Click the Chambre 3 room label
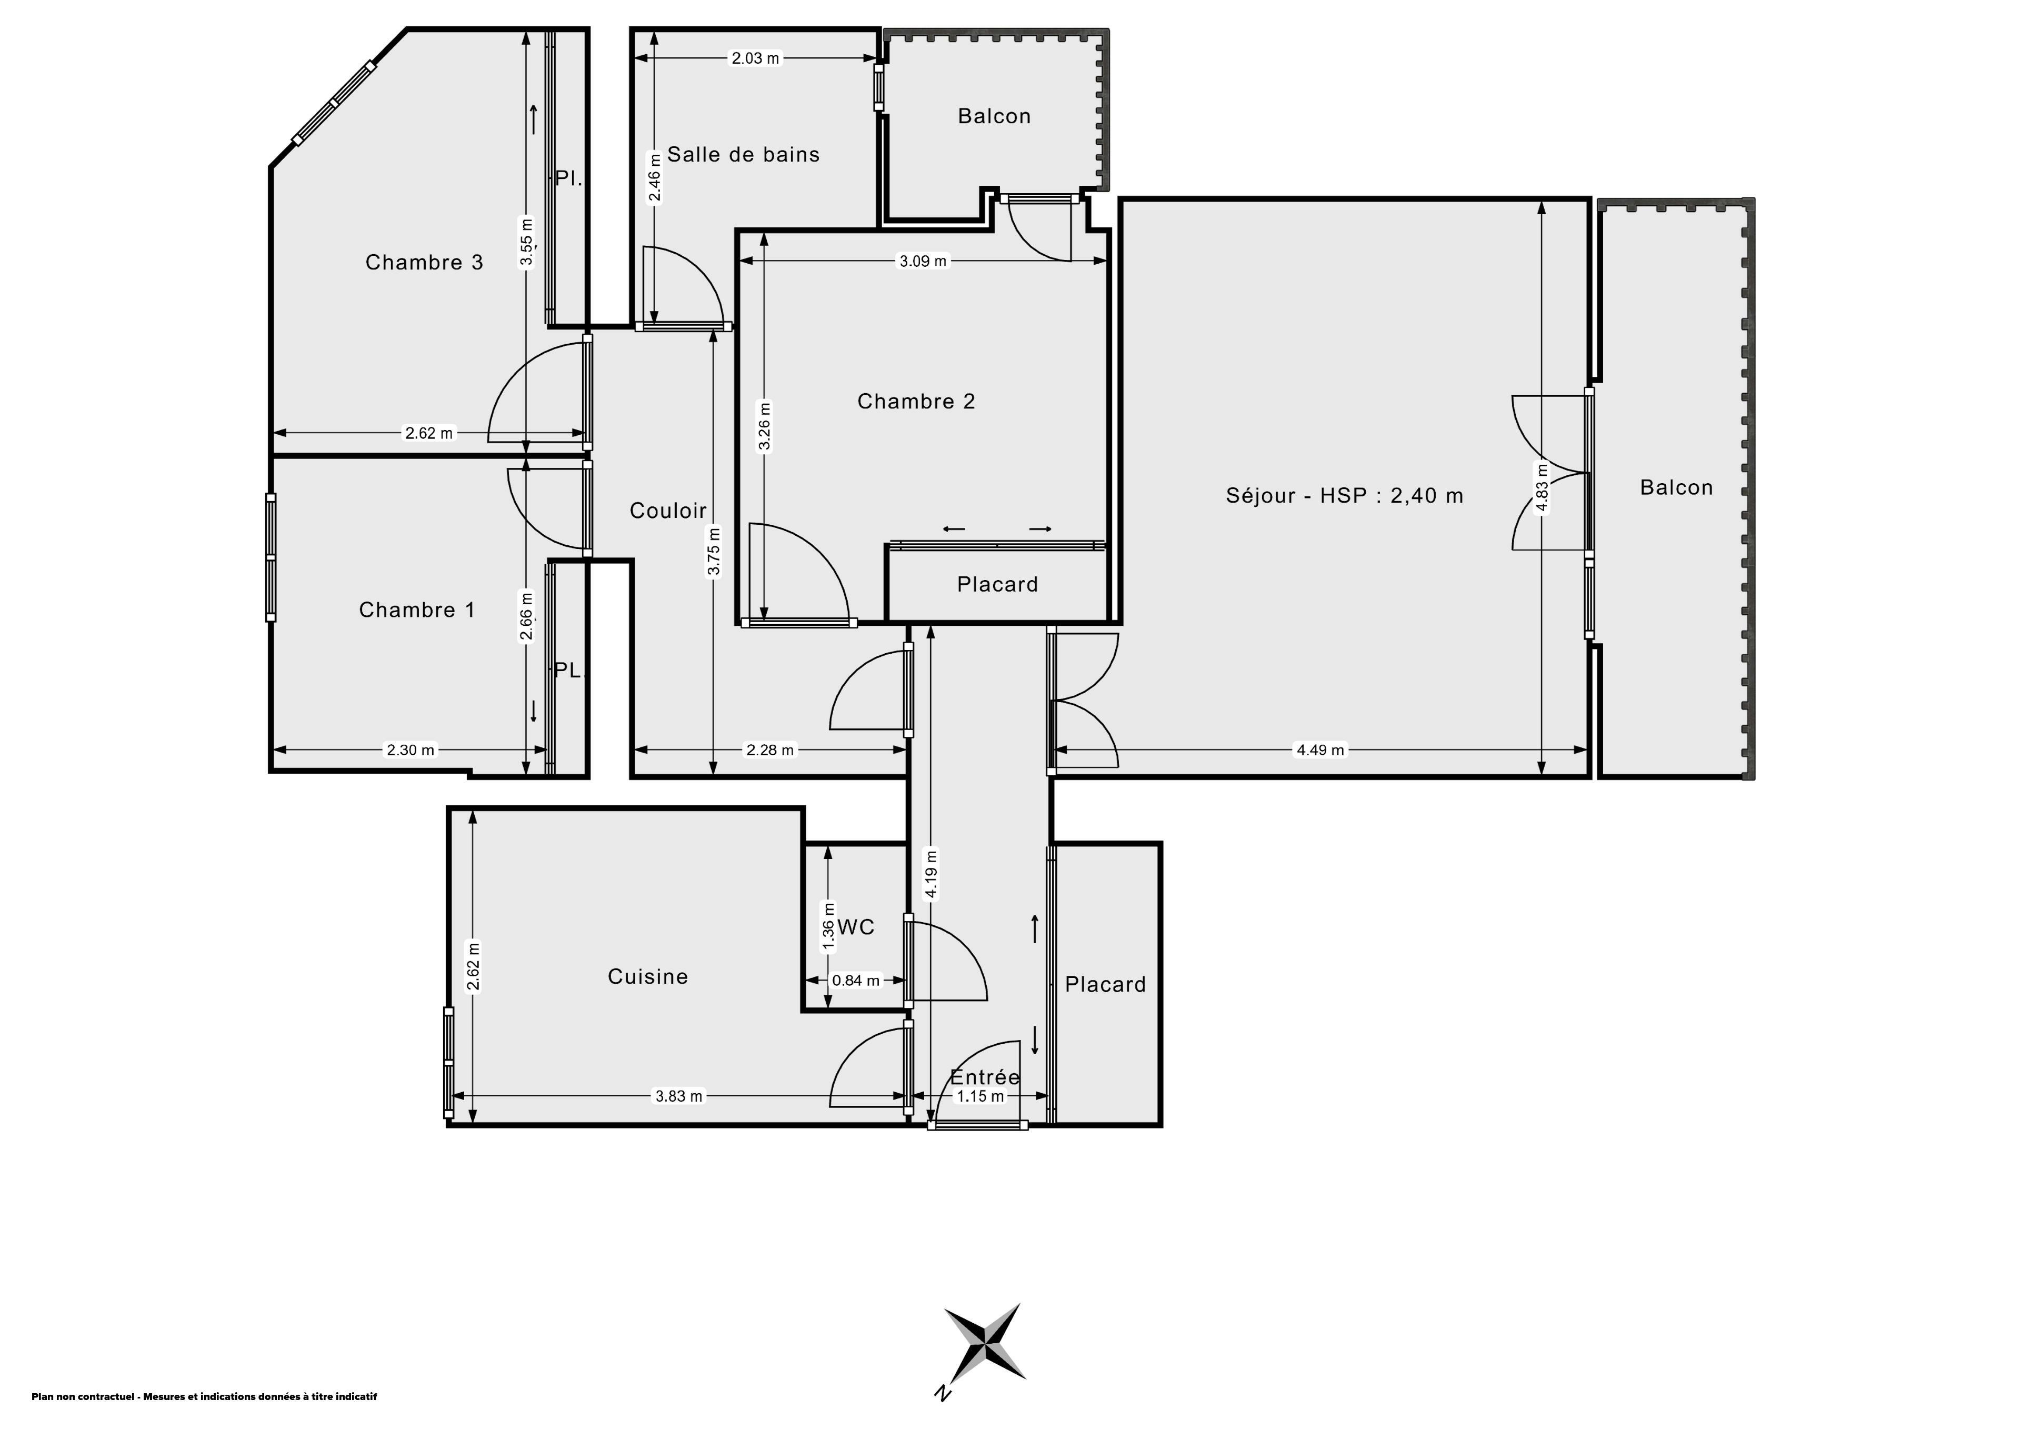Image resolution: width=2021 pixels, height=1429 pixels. coord(424,263)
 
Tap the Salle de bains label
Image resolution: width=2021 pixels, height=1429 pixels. coord(744,155)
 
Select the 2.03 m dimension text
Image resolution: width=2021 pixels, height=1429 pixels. coord(755,59)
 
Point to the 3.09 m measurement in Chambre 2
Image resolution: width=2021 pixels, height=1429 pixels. coord(923,261)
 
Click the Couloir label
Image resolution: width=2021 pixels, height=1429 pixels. coord(668,511)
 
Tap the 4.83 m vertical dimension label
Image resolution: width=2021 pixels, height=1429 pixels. coord(1542,486)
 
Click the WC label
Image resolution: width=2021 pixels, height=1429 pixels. coord(856,927)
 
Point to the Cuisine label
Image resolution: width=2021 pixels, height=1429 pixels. coord(648,976)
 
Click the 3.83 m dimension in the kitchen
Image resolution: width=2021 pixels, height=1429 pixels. coord(678,1096)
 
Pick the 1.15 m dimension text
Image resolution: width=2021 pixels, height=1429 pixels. coord(981,1096)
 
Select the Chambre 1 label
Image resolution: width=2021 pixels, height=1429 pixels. coord(417,610)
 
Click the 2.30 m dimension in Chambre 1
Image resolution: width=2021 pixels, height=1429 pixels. coord(410,750)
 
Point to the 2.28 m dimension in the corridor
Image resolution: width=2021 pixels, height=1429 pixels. coord(770,750)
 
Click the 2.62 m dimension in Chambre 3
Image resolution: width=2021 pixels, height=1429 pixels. coord(428,433)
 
